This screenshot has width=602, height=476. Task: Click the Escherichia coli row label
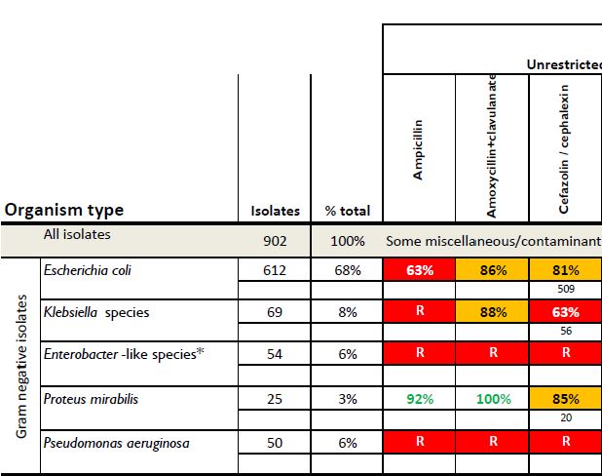click(x=90, y=270)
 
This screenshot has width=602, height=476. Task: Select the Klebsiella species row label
click(x=94, y=312)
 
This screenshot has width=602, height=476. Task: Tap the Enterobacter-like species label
click(x=124, y=353)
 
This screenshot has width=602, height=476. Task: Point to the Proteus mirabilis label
click(x=89, y=398)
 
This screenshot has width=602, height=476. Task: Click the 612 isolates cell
click(x=274, y=270)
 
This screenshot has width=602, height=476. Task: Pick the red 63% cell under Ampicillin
click(x=419, y=270)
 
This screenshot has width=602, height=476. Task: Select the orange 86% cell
click(x=492, y=270)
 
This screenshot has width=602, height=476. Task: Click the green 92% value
click(x=419, y=398)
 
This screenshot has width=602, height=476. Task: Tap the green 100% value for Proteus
click(x=492, y=398)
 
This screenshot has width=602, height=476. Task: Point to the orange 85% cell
click(x=565, y=398)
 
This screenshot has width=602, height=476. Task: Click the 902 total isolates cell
click(x=274, y=240)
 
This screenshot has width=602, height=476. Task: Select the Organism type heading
click(x=64, y=210)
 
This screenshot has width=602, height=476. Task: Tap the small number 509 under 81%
click(x=565, y=289)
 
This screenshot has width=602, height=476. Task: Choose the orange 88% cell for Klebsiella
click(x=492, y=312)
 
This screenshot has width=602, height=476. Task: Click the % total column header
click(x=345, y=211)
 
